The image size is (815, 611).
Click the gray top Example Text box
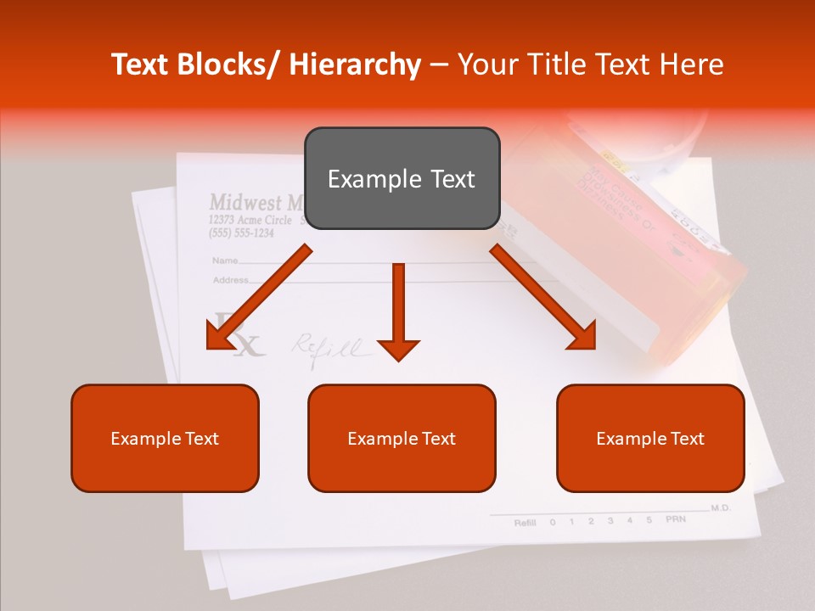coord(402,178)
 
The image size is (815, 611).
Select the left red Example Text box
coord(165,438)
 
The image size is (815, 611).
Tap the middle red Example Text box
coord(402,438)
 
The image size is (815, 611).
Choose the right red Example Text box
coord(650,438)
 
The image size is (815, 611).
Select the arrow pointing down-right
coord(543,297)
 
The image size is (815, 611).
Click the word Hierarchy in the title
coord(354,64)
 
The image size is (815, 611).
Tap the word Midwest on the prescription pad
coord(245,203)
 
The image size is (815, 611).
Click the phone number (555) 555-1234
coord(241,233)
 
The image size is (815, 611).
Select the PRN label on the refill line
coord(675,519)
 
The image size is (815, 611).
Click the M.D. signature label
coord(720,507)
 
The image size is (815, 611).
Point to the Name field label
coord(224,261)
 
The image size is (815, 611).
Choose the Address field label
coord(230,279)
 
